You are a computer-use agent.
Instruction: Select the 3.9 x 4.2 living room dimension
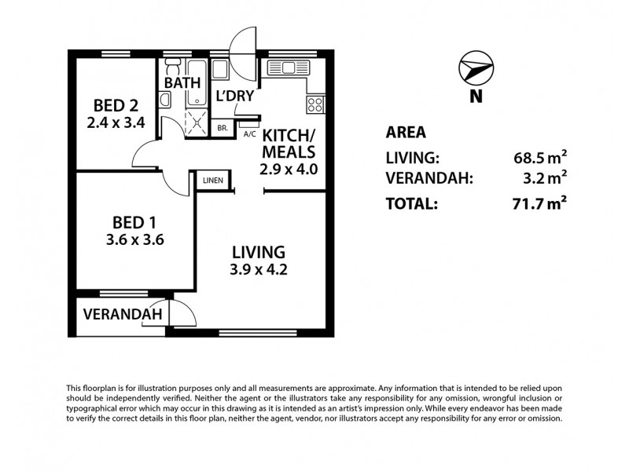[x=257, y=271]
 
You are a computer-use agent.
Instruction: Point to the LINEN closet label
[x=213, y=181]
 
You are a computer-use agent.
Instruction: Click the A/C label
[x=250, y=134]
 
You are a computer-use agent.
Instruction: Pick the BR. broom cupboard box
[x=223, y=128]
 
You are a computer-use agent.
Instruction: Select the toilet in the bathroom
[x=164, y=100]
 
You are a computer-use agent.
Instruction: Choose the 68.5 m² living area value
[x=540, y=157]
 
